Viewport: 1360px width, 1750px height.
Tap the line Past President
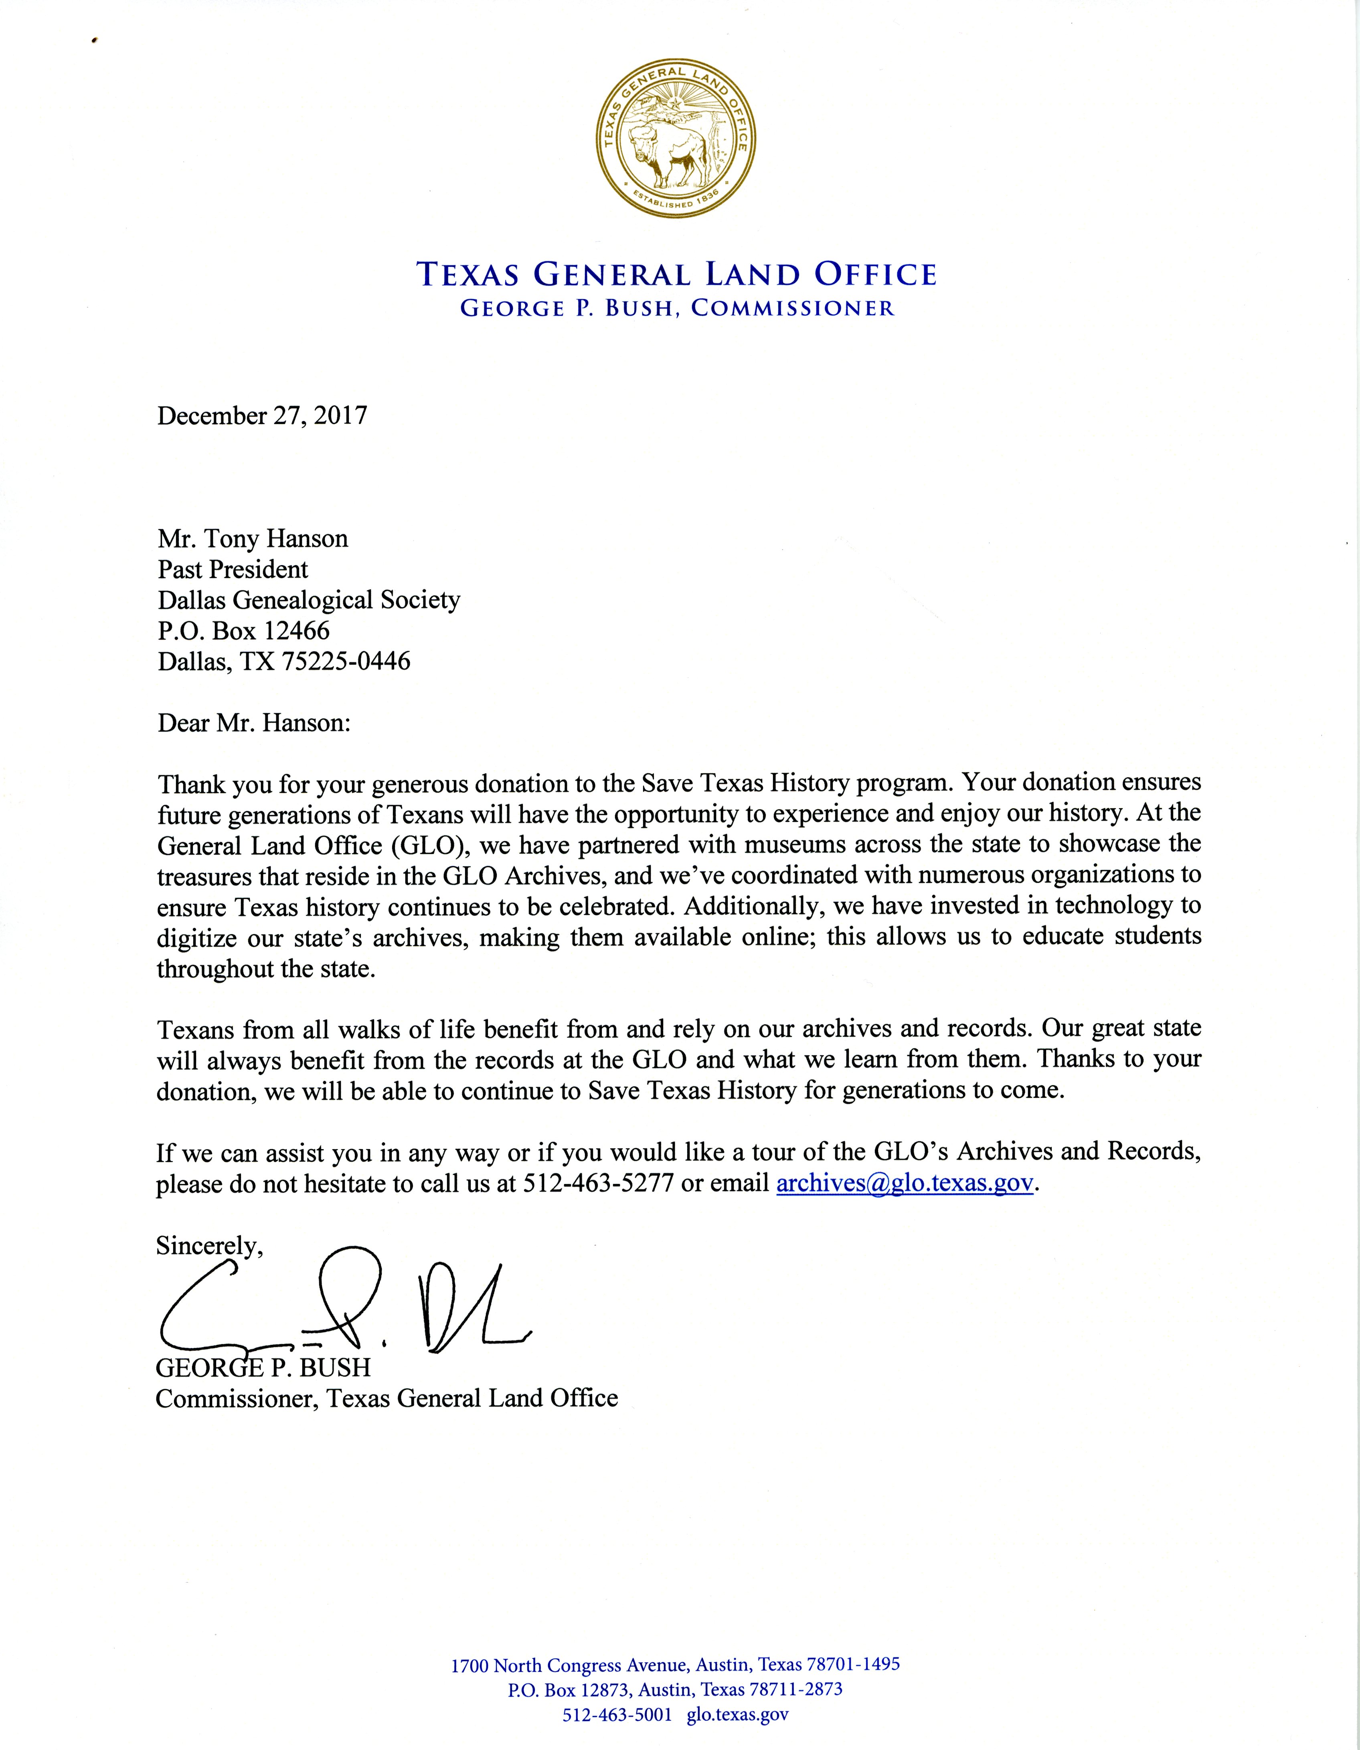pos(232,570)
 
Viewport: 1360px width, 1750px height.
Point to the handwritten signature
pos(344,1302)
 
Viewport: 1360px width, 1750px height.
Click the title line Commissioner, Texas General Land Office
pos(386,1399)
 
